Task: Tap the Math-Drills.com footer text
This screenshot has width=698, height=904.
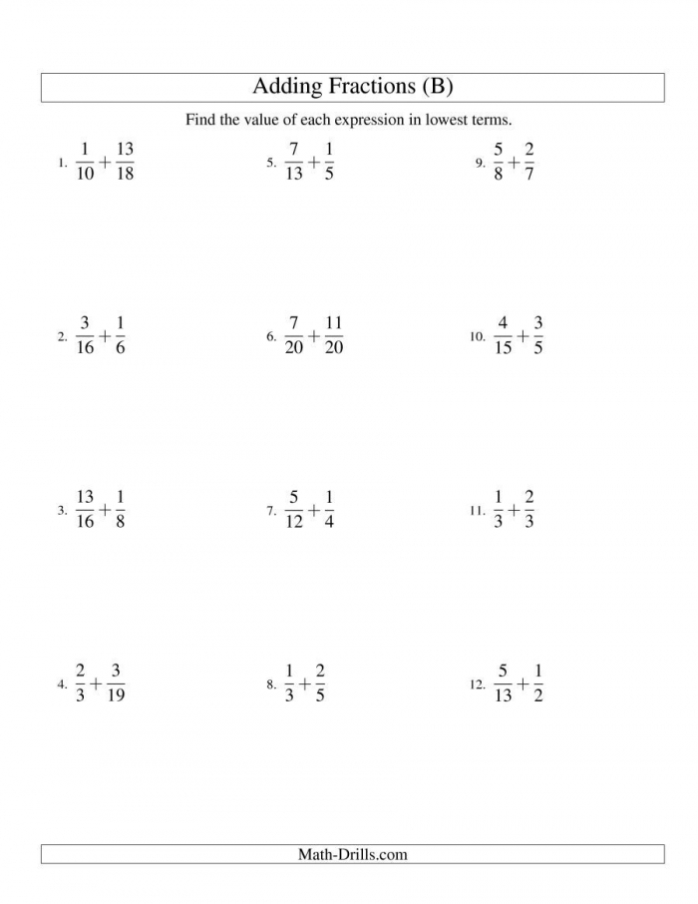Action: click(352, 854)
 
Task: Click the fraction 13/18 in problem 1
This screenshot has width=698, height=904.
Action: click(125, 161)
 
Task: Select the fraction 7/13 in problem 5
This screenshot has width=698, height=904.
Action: click(293, 161)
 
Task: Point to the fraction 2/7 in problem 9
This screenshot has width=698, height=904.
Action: click(528, 161)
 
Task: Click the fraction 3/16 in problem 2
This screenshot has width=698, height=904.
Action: click(85, 335)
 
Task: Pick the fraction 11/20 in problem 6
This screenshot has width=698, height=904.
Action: click(333, 335)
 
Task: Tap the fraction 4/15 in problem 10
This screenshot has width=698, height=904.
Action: click(503, 335)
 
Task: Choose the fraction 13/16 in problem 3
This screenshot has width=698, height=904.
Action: click(85, 509)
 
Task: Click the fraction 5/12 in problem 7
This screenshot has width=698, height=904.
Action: click(293, 509)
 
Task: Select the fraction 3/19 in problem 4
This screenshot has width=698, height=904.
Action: click(116, 683)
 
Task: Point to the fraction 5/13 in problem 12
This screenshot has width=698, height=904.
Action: click(503, 683)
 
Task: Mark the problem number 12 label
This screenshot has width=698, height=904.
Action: click(476, 685)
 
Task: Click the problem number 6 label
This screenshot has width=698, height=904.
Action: click(270, 337)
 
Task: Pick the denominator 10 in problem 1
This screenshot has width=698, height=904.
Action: click(85, 173)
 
